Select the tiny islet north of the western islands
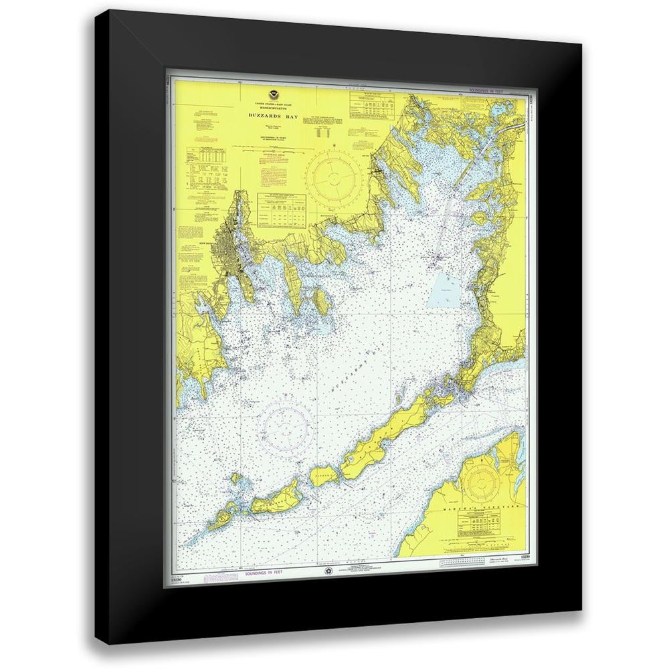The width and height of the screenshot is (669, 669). point(235,478)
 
